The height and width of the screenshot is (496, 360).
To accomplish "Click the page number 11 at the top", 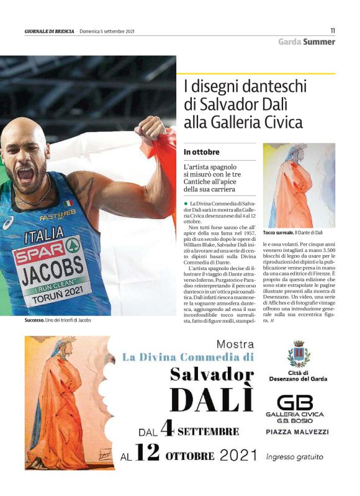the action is pyautogui.click(x=332, y=30).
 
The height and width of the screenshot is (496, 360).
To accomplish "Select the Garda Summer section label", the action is pyautogui.click(x=306, y=42).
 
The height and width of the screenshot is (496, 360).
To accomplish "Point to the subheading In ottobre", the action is pyautogui.click(x=201, y=151).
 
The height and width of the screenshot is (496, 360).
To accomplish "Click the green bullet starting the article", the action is pyautogui.click(x=186, y=204).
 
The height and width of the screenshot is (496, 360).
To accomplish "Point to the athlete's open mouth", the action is pyautogui.click(x=25, y=174).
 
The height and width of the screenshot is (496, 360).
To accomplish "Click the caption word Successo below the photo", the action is pyautogui.click(x=29, y=320).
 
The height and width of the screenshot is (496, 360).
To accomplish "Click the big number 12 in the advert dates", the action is pyautogui.click(x=146, y=454).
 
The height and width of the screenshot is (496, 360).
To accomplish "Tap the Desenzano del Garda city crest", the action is pyautogui.click(x=299, y=354).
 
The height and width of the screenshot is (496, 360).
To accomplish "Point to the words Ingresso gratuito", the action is pyautogui.click(x=294, y=456).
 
